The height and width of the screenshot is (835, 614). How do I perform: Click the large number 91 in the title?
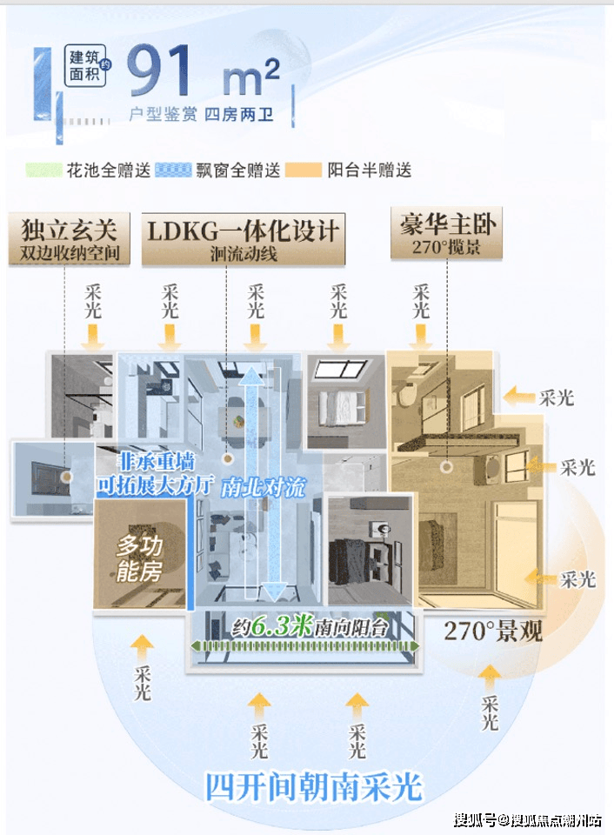click(158, 70)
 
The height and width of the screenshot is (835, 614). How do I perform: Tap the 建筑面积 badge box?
click(84, 66)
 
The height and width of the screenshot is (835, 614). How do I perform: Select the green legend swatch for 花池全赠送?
click(43, 170)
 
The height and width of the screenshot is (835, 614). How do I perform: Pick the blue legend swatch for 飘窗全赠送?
click(174, 170)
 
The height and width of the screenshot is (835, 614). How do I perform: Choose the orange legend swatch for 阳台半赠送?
click(304, 170)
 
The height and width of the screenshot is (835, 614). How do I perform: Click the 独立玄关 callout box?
click(70, 238)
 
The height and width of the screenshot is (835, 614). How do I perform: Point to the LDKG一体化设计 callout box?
click(244, 239)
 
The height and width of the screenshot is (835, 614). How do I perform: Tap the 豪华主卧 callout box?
click(446, 233)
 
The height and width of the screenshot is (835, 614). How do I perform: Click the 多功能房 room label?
click(139, 558)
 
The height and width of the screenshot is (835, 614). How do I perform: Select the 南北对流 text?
click(264, 487)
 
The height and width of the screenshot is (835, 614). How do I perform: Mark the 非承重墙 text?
click(156, 461)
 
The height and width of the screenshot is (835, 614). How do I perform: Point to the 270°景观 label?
click(493, 631)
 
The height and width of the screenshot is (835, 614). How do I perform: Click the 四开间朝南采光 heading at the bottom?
click(314, 787)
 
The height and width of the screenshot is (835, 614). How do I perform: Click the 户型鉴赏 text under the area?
click(163, 114)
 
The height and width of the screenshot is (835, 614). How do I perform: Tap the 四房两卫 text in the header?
click(238, 114)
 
